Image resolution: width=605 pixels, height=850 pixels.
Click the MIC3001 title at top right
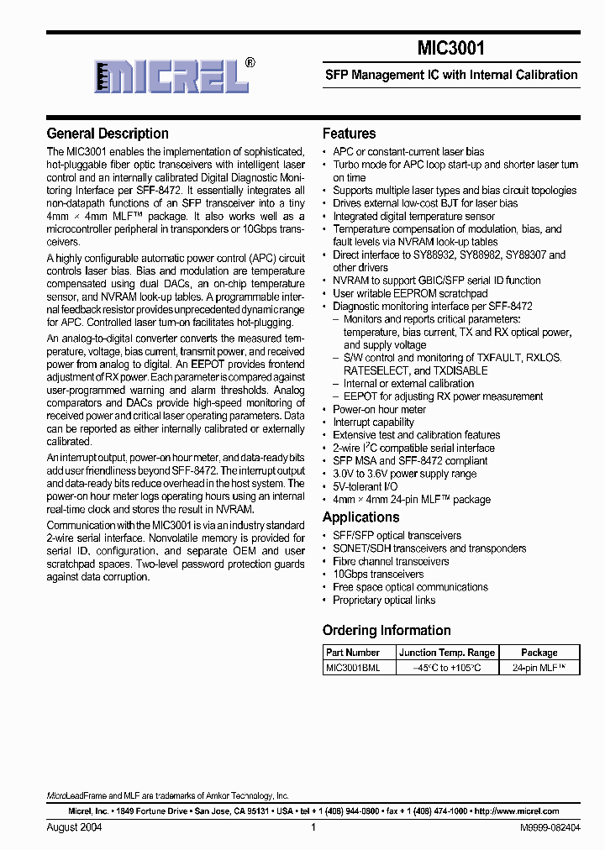click(x=450, y=50)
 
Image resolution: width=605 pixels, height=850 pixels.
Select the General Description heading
click(x=108, y=134)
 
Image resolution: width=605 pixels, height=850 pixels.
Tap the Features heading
click(x=350, y=134)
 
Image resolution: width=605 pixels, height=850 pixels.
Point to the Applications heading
click(x=361, y=517)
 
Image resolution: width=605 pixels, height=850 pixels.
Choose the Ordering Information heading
click(x=387, y=630)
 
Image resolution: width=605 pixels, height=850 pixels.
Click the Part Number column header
click(x=353, y=653)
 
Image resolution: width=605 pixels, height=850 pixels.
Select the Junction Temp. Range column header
click(x=447, y=653)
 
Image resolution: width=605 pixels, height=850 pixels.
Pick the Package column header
click(x=539, y=653)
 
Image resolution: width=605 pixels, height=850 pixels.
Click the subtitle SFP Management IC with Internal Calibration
click(x=451, y=75)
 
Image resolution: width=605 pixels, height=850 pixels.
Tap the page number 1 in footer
click(x=313, y=827)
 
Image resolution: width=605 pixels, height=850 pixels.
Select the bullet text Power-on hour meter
click(x=379, y=409)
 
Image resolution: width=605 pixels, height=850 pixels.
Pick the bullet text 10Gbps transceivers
click(x=378, y=575)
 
